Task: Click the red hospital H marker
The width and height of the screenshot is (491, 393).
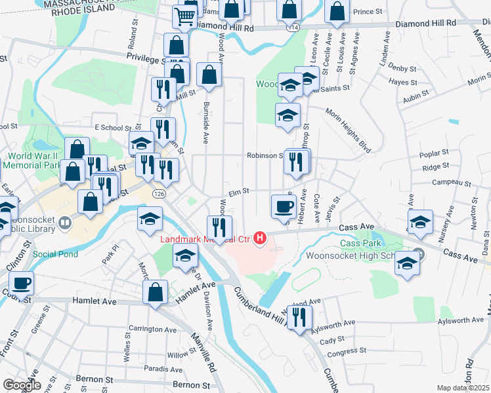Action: (x=261, y=238)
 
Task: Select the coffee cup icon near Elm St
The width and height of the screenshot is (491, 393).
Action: (x=284, y=206)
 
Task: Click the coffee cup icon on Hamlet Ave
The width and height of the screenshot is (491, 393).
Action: (x=21, y=283)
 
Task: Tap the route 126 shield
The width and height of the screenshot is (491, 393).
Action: (x=161, y=195)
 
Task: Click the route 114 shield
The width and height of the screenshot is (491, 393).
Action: (x=293, y=28)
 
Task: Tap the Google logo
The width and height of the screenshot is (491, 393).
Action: (x=22, y=385)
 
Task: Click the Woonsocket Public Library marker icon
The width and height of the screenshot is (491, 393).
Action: (x=64, y=223)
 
